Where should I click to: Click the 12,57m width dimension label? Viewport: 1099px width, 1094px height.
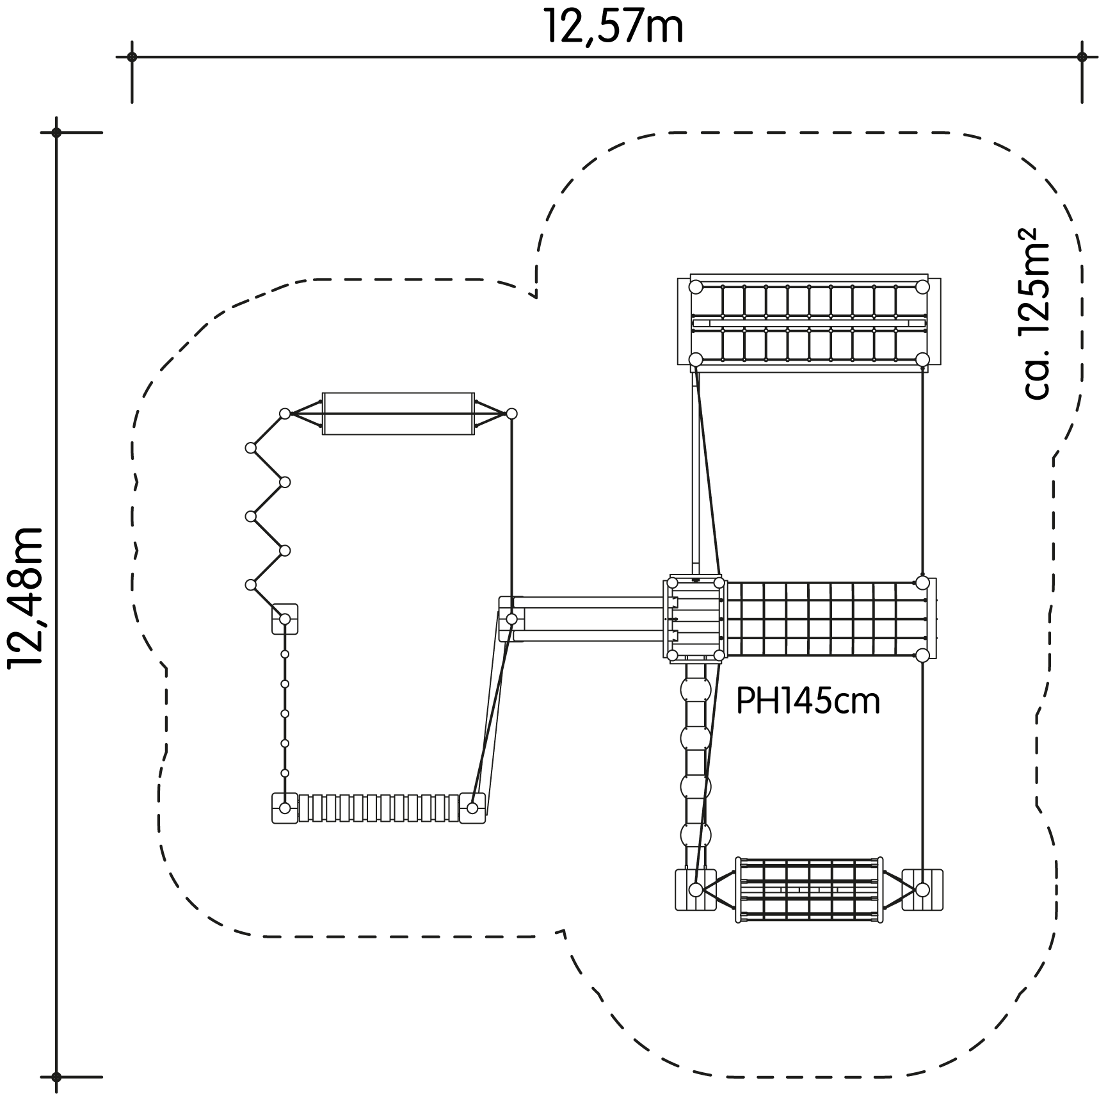[x=613, y=28]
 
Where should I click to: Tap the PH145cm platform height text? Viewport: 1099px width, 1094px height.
[x=808, y=701]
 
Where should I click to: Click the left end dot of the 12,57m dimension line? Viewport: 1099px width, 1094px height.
[x=132, y=57]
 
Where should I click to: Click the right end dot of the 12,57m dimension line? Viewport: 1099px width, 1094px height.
[x=1082, y=57]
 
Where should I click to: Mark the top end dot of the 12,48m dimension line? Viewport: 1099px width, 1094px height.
[x=56, y=133]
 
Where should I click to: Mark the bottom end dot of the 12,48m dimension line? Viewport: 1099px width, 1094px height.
[x=56, y=1077]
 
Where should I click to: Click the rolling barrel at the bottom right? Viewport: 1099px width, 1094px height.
[x=809, y=890]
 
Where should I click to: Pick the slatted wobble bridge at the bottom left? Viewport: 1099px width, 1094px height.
[x=379, y=808]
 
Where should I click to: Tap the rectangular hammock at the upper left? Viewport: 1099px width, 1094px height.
[x=398, y=414]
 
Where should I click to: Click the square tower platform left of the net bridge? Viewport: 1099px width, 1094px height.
[x=695, y=619]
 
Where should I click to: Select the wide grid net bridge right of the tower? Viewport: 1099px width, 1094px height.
[x=828, y=619]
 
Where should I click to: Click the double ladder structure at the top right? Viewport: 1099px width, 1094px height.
[x=809, y=323]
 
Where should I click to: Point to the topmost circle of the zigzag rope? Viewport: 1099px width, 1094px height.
[x=285, y=414]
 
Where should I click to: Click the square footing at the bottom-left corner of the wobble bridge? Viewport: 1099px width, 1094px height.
[x=285, y=808]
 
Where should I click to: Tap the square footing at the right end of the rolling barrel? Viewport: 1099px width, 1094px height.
[x=922, y=890]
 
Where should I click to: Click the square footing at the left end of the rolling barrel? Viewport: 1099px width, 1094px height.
[x=696, y=890]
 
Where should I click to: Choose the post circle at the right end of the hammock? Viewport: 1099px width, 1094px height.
[x=511, y=414]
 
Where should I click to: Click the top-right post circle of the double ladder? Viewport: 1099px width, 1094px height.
[x=922, y=287]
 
